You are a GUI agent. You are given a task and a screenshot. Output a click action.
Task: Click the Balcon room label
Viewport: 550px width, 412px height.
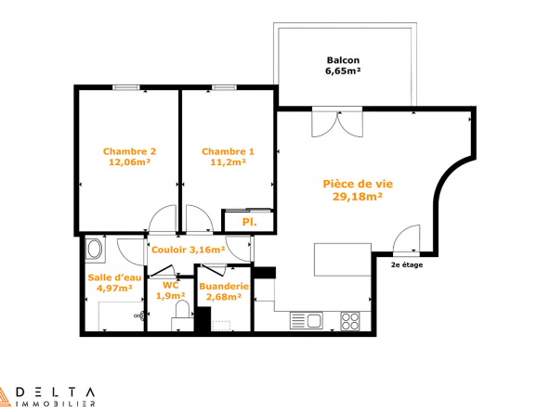click(x=343, y=60)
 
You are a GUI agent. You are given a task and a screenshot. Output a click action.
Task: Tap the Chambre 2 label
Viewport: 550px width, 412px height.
click(x=129, y=151)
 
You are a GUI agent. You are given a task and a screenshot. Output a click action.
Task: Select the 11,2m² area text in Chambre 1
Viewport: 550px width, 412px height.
click(x=228, y=162)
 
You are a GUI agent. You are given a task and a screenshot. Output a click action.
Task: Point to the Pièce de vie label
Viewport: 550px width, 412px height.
click(x=358, y=184)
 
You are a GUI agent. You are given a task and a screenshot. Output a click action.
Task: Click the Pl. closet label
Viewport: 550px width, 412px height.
click(x=249, y=222)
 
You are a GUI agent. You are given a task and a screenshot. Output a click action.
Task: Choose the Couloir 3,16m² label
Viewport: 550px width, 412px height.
click(x=188, y=250)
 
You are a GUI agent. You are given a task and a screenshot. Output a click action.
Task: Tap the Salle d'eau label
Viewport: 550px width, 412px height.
click(x=114, y=277)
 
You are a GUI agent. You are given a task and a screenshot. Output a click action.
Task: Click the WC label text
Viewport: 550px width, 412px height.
click(x=171, y=285)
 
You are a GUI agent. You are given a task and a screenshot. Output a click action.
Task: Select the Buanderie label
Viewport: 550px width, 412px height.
click(x=224, y=286)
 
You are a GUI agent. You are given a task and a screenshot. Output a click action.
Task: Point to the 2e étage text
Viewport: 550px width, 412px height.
click(x=407, y=264)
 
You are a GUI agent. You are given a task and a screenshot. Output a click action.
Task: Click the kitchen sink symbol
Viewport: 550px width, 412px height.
click(x=307, y=320)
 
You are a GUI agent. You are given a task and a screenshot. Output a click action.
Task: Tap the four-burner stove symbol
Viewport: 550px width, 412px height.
click(x=350, y=321)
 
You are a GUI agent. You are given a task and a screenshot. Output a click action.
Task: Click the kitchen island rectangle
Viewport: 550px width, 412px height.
click(x=343, y=260)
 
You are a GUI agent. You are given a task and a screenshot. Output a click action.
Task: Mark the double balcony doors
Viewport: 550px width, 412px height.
click(x=337, y=122)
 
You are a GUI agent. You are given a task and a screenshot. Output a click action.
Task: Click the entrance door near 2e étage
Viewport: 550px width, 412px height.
click(x=407, y=238)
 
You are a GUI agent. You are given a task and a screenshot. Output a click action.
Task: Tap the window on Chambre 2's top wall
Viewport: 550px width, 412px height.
click(x=126, y=87)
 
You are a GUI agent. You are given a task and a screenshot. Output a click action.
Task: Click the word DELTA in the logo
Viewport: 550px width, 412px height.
click(x=56, y=392)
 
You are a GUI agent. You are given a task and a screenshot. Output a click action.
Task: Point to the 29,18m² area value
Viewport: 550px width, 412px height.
click(x=358, y=197)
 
